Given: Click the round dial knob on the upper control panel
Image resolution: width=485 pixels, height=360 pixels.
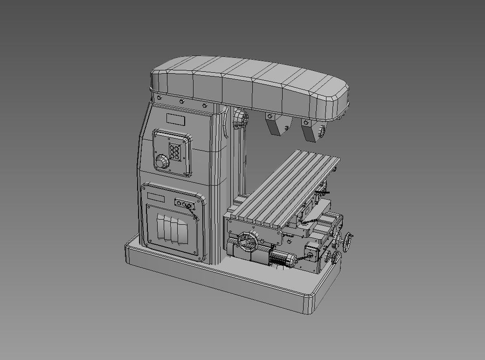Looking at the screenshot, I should pos(162,162).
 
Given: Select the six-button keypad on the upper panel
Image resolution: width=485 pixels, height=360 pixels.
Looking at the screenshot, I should pos(176,152).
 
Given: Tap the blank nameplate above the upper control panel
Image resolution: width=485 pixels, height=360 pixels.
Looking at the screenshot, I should pos(176,120).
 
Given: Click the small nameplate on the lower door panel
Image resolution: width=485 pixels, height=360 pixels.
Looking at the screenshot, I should pos(156,198).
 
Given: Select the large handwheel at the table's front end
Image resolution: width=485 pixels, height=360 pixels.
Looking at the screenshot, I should pos(248,241).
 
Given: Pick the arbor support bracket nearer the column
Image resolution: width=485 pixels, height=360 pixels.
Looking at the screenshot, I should pos(276,125).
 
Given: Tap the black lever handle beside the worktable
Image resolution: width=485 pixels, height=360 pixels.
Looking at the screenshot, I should pos(321,192).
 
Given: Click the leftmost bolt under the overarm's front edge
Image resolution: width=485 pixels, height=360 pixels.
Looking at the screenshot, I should pos(159,97).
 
